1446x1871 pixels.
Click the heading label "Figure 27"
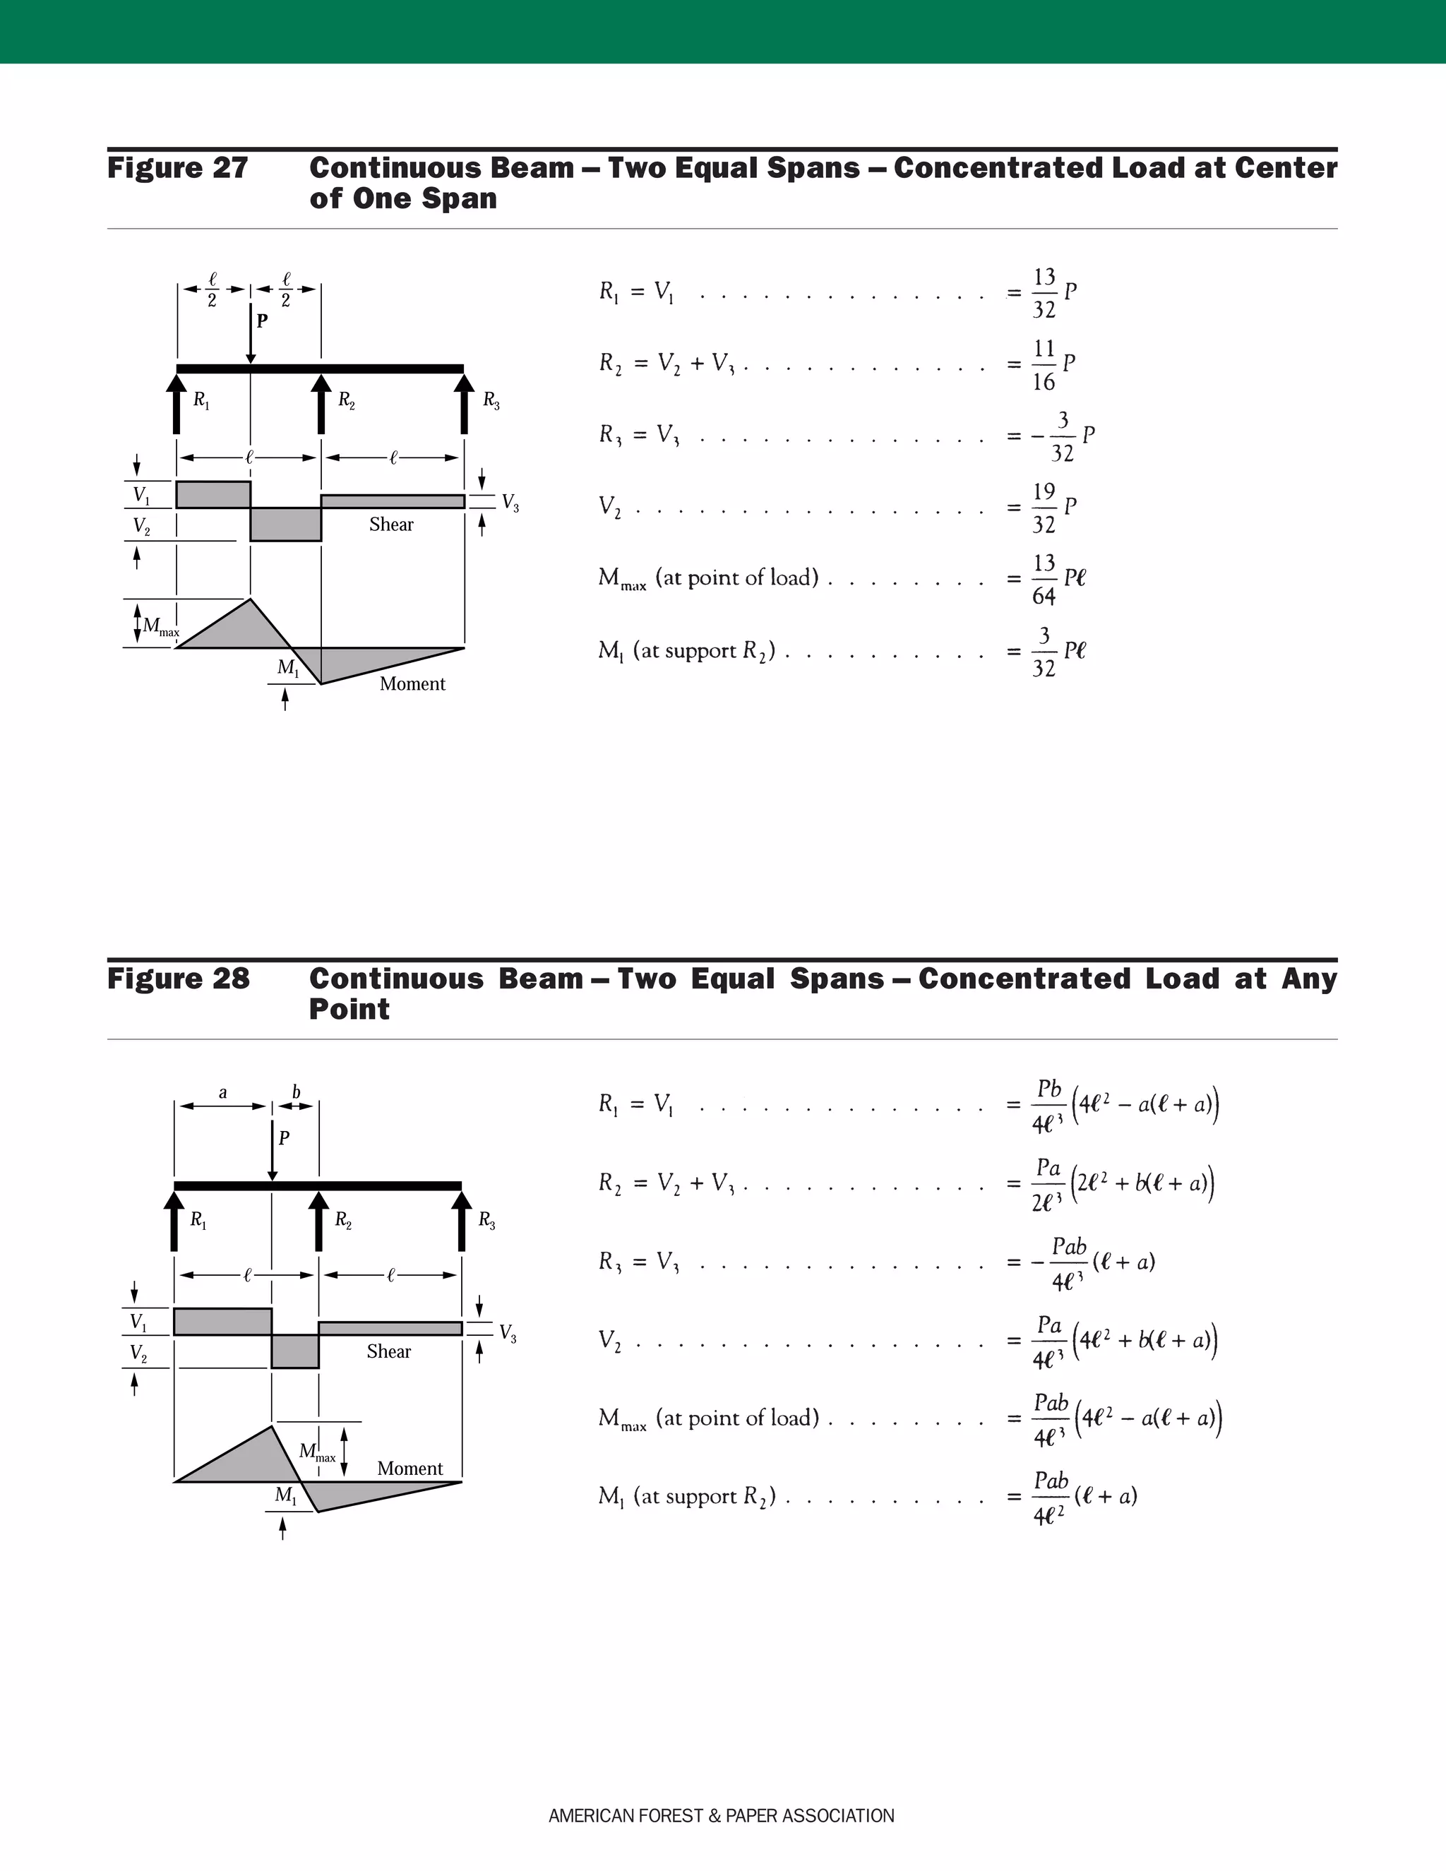coord(177,168)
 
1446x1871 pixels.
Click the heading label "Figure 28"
coord(178,979)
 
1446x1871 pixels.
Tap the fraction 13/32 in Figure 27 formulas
coord(1044,293)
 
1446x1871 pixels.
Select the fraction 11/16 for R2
coord(1044,365)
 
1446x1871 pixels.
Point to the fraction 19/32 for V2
coord(1044,508)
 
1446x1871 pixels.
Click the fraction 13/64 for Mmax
coord(1044,579)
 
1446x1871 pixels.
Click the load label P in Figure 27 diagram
coord(262,321)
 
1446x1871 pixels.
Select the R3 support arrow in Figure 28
coord(462,1221)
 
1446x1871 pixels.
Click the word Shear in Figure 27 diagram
coord(391,525)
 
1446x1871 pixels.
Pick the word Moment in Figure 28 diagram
coord(410,1469)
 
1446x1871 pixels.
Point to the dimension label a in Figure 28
coord(222,1092)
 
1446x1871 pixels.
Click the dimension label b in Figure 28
coord(297,1092)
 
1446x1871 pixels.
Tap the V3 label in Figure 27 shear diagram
coord(510,502)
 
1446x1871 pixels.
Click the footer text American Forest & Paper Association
coord(722,1816)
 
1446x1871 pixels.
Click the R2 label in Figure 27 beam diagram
coord(345,399)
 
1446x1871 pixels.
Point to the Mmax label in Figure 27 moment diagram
coord(160,627)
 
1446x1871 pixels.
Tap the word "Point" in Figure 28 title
coord(349,1009)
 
